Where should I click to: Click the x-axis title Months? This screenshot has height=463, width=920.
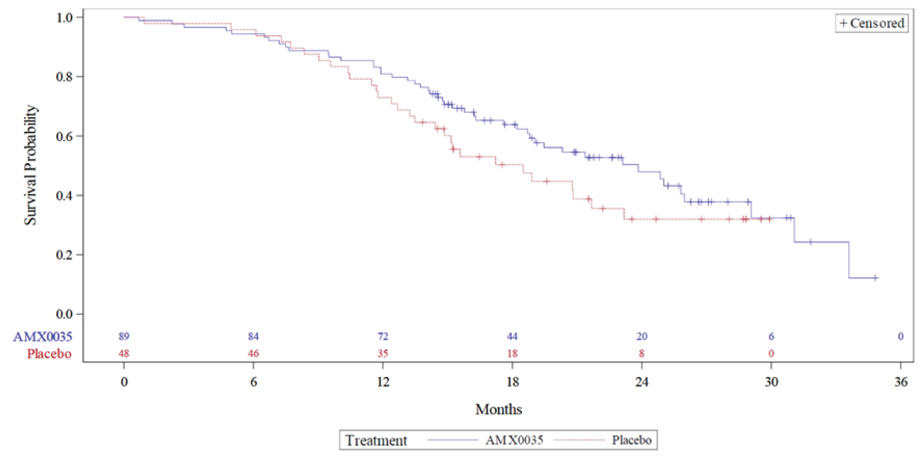pos(498,409)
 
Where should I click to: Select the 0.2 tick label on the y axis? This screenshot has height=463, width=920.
pos(63,255)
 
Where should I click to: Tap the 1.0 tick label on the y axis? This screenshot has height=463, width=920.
pos(63,17)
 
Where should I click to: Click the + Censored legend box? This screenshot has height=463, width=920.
pos(871,23)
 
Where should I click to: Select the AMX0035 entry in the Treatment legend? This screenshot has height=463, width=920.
pos(515,440)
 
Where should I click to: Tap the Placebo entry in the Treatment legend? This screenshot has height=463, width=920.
pos(631,440)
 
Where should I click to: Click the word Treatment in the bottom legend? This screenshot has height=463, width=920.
pos(376,440)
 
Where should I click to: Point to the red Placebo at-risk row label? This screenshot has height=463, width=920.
pos(49,354)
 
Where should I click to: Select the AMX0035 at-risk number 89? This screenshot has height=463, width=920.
pos(124,337)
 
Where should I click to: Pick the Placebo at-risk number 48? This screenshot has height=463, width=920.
pos(124,354)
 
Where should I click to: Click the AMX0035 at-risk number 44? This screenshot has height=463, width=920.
pos(512,337)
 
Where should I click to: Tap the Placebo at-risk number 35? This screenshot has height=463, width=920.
pos(382,354)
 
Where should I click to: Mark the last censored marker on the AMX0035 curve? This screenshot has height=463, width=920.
pos(876,278)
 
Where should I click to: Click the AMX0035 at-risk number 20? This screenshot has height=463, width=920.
pos(642,337)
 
